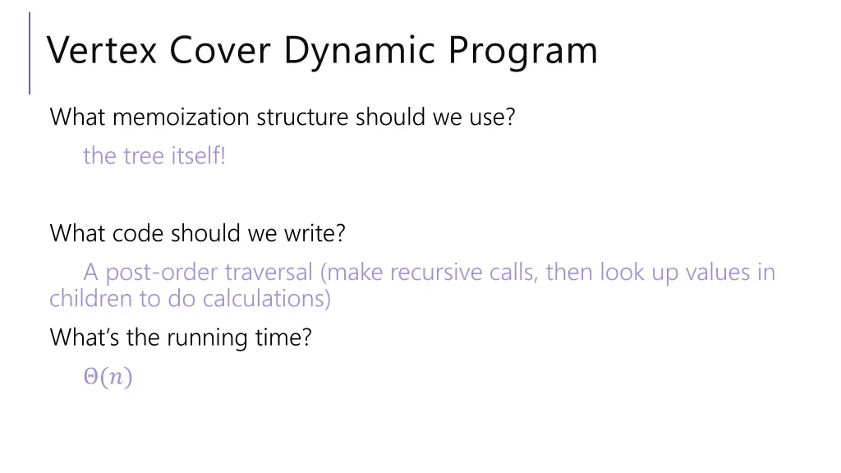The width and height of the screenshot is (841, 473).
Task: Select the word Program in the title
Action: click(x=522, y=51)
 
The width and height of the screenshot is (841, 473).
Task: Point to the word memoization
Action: click(x=180, y=117)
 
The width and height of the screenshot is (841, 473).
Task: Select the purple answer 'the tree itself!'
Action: click(x=154, y=156)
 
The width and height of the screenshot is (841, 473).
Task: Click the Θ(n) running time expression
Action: click(x=108, y=378)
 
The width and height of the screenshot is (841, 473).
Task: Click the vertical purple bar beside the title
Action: click(x=30, y=53)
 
